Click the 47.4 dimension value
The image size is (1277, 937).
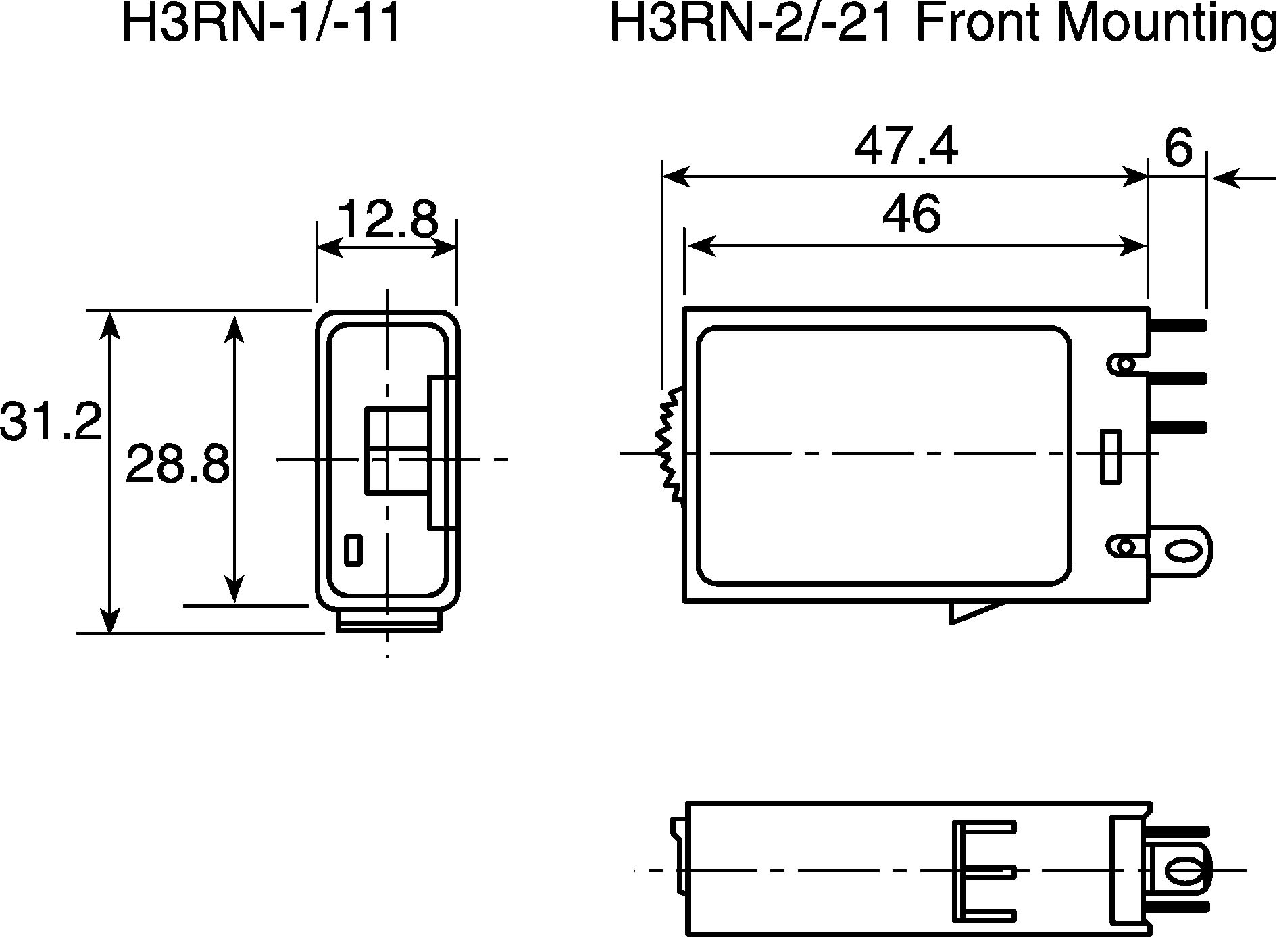906,147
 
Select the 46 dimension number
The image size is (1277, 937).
911,214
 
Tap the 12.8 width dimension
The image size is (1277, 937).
388,218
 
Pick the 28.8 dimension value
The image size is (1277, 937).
178,464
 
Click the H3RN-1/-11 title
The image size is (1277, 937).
261,24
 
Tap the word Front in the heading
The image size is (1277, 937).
972,24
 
